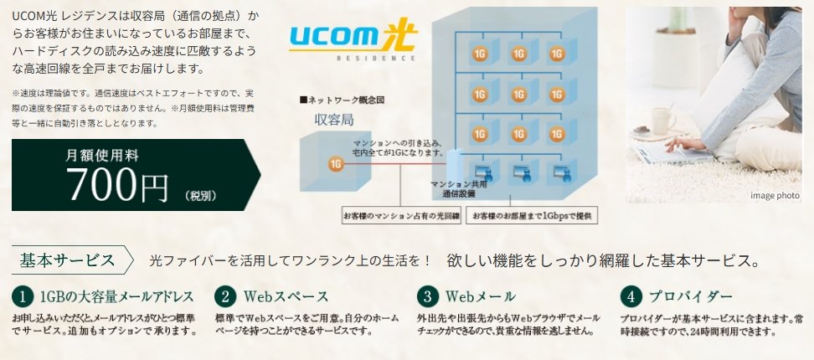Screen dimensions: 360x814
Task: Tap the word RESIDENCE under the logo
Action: [352, 59]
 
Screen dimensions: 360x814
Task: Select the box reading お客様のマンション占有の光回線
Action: [401, 216]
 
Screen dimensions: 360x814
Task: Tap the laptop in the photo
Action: [670, 153]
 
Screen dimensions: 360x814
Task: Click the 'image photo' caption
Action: [775, 194]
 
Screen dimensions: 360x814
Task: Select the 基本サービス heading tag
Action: [67, 260]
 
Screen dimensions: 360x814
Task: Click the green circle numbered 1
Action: [21, 296]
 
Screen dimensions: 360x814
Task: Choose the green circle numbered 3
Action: [428, 296]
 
